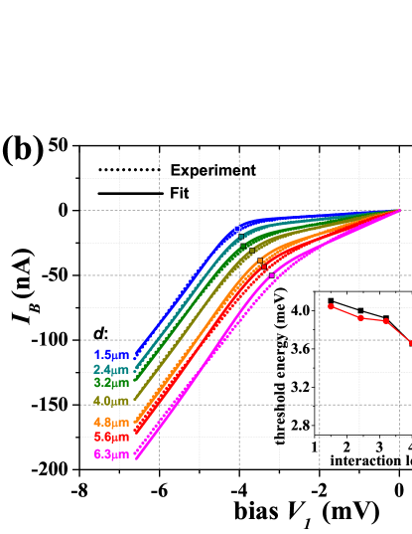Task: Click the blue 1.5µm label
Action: [111, 355]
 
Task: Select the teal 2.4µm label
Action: [111, 370]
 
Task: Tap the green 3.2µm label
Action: [111, 383]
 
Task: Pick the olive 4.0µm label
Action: [111, 401]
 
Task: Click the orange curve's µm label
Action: [111, 423]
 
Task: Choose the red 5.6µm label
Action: [111, 437]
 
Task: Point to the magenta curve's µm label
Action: [111, 454]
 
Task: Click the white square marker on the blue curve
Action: [236, 229]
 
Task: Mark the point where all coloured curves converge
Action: [399, 211]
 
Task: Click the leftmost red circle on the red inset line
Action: [331, 306]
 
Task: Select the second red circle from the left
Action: [361, 317]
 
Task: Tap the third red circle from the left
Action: [386, 321]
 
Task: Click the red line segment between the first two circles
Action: [345, 312]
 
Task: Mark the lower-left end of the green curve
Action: [137, 380]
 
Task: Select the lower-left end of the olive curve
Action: [136, 399]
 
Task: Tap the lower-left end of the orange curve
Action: [137, 422]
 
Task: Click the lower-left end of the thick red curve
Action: [137, 434]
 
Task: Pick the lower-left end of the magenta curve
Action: [137, 456]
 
